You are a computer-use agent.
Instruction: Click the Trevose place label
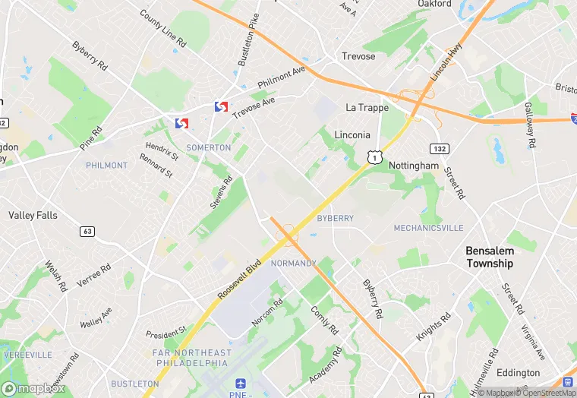point(358,56)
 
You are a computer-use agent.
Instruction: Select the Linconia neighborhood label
point(352,134)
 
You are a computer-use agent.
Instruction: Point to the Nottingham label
point(414,165)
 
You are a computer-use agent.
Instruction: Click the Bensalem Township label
point(490,257)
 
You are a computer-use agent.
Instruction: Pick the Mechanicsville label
point(428,228)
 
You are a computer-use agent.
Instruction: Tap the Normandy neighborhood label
point(293,263)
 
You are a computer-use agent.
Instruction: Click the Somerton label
point(208,147)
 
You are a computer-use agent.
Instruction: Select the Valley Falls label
point(33,215)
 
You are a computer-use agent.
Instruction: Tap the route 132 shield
point(438,148)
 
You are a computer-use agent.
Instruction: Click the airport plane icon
point(241,384)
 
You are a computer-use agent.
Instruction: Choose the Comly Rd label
point(324,320)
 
